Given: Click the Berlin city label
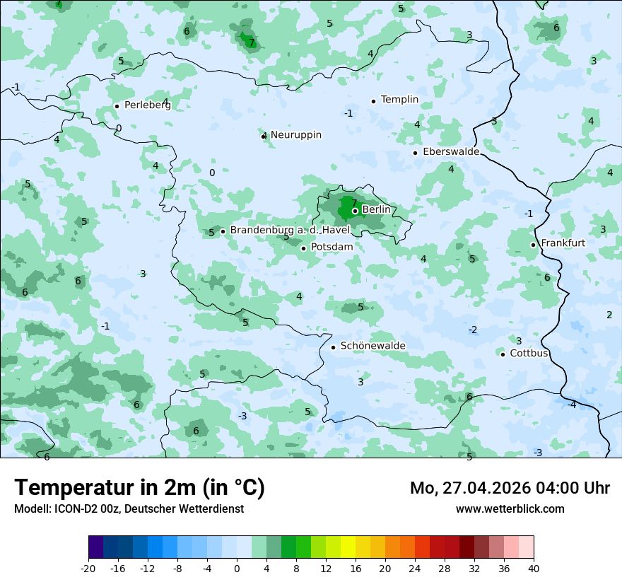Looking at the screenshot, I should (376, 210).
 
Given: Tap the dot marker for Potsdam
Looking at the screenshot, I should (303, 248).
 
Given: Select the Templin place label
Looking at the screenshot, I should (399, 100).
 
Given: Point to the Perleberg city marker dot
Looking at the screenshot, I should (117, 106).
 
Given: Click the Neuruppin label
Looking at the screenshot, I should (295, 134).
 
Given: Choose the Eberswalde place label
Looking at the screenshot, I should (451, 152).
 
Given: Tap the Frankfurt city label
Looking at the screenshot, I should (563, 243).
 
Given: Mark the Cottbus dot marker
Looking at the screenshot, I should (503, 354).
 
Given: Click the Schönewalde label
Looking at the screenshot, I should (372, 346).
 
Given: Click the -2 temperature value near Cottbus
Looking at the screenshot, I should (473, 330).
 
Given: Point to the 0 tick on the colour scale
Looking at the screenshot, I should (237, 568).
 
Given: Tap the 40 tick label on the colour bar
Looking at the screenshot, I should (533, 568).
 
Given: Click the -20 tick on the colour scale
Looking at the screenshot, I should (88, 568).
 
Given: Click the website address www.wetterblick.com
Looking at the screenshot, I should (510, 508).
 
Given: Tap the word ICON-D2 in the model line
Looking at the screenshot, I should (75, 508).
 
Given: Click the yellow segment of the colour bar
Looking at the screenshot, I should (348, 547).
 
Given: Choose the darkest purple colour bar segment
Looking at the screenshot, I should (96, 547).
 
